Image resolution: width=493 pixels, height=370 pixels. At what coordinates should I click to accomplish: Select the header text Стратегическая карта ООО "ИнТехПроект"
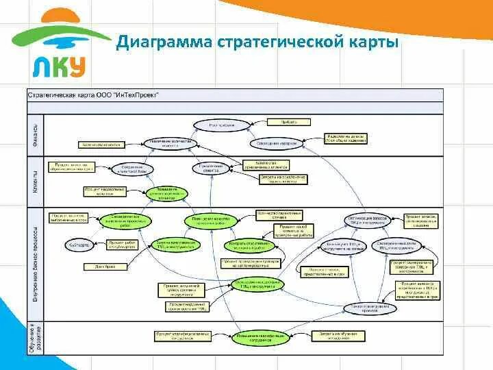[x=93, y=95]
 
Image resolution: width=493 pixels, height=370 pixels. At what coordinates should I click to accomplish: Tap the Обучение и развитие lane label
[x=36, y=337]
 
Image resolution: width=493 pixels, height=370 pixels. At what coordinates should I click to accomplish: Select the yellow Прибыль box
[x=289, y=121]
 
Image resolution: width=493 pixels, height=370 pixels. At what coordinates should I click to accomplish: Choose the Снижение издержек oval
[x=277, y=143]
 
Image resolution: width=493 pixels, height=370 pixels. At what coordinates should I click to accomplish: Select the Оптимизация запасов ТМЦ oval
[x=370, y=219]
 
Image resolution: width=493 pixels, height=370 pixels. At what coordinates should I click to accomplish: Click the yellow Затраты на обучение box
[x=336, y=335]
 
